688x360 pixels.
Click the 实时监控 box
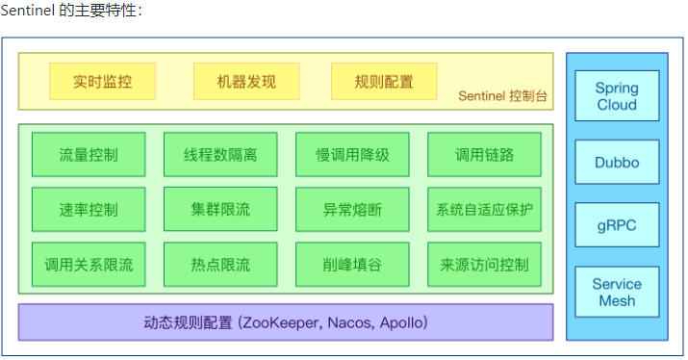[102, 82]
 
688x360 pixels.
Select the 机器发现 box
[246, 82]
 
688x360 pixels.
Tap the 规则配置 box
[384, 82]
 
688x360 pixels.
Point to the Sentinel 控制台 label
[501, 95]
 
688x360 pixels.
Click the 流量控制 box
[89, 154]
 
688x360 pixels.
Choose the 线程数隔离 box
[220, 154]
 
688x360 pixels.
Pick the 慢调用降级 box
[352, 154]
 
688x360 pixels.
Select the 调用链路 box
[484, 154]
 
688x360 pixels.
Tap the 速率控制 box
[89, 209]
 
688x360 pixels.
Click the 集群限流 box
[220, 209]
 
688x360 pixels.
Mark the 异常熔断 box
[352, 209]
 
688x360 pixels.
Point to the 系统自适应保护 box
[484, 209]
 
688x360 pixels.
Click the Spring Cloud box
[617, 95]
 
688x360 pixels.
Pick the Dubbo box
[617, 162]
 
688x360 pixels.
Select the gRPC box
[617, 225]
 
